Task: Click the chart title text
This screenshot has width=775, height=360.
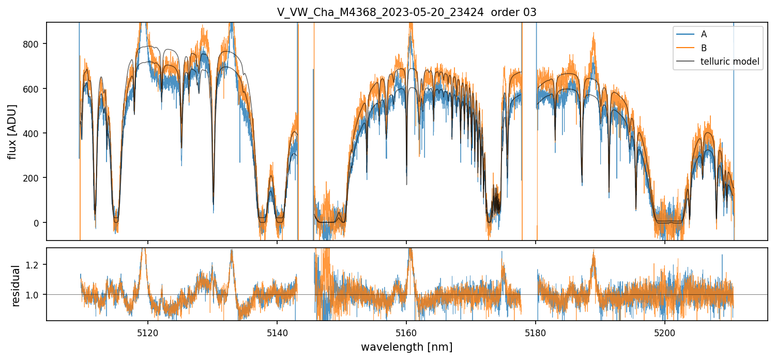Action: (x=406, y=12)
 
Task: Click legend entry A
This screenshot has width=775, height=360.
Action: (x=704, y=34)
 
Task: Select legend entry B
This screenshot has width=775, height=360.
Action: (x=704, y=48)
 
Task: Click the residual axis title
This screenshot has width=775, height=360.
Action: (x=16, y=285)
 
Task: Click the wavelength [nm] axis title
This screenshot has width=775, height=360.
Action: (x=406, y=347)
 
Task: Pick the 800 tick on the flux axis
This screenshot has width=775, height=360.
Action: (x=34, y=44)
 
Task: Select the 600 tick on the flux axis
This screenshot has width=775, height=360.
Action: (x=34, y=88)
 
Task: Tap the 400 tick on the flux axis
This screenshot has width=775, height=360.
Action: (x=34, y=133)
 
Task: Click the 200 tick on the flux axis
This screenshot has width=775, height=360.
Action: (x=34, y=178)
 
